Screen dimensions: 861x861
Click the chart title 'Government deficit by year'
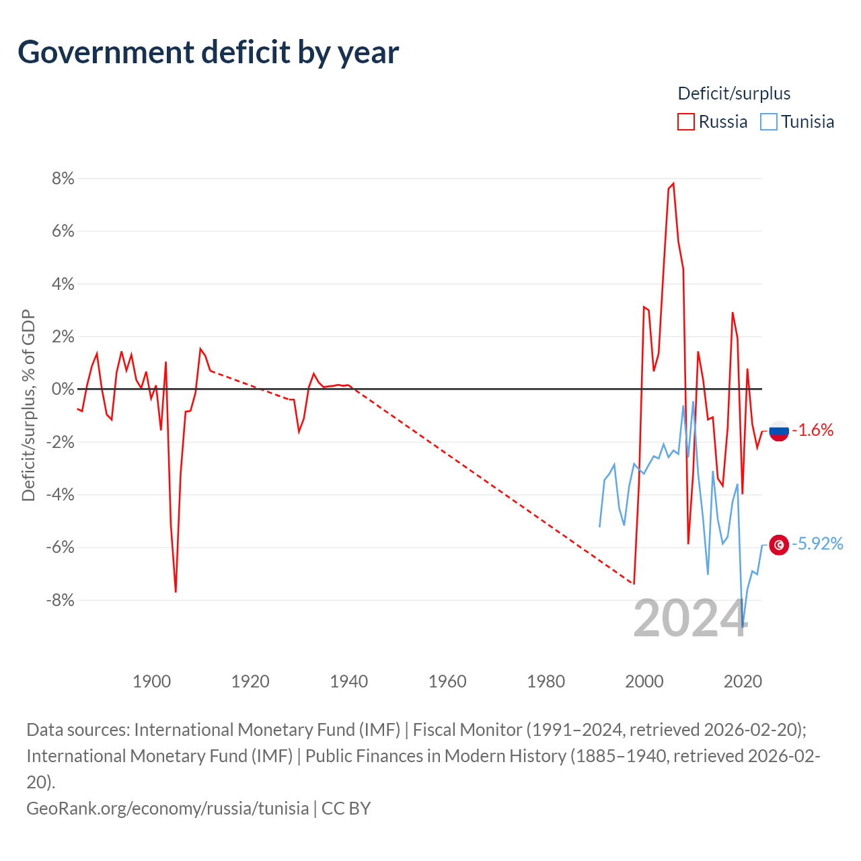pos(208,52)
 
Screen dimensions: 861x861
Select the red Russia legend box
pos(685,122)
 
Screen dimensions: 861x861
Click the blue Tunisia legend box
pos(769,122)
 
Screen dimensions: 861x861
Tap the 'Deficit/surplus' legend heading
pos(734,93)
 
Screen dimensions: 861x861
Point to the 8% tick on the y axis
pos(63,179)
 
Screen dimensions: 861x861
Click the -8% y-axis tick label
pos(60,600)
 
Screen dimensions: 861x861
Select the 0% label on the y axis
pos(63,389)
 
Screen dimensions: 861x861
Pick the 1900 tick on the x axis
pos(151,681)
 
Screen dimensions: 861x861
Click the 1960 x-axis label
pos(447,681)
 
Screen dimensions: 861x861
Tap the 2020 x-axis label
pos(743,681)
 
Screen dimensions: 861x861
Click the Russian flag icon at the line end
pos(779,431)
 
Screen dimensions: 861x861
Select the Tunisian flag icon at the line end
pos(779,545)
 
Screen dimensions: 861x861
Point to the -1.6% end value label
pos(813,430)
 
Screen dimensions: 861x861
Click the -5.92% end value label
pos(817,544)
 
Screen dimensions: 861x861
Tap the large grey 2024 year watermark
pos(691,618)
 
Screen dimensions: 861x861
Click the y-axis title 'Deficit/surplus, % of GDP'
pos(29,405)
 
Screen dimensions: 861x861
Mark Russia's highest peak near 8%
pos(673,183)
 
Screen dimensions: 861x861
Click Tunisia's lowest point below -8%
pos(742,626)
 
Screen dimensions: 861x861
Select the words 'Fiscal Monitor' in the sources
pos(467,730)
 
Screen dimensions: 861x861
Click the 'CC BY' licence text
pos(346,809)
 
